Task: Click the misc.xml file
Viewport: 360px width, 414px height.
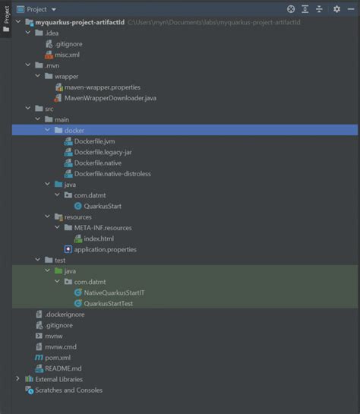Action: [x=67, y=55]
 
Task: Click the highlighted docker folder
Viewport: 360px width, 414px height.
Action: [x=74, y=131]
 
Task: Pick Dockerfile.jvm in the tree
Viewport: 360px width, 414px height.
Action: [x=95, y=141]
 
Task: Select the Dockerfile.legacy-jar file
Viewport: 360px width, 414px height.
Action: [x=107, y=152]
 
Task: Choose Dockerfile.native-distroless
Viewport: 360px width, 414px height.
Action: [x=112, y=173]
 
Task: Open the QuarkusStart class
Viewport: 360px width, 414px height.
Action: [x=103, y=206]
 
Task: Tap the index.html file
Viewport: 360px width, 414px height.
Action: [x=98, y=239]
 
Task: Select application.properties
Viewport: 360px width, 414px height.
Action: [x=105, y=249]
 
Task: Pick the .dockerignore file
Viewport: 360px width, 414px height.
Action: [x=65, y=314]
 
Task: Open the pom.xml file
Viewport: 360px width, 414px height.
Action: [x=58, y=357]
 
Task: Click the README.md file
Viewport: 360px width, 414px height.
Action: [x=63, y=368]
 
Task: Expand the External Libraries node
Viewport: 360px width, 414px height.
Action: [x=18, y=379]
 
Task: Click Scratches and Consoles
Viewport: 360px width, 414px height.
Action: [x=68, y=390]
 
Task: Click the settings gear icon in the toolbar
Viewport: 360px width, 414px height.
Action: [x=336, y=9]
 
